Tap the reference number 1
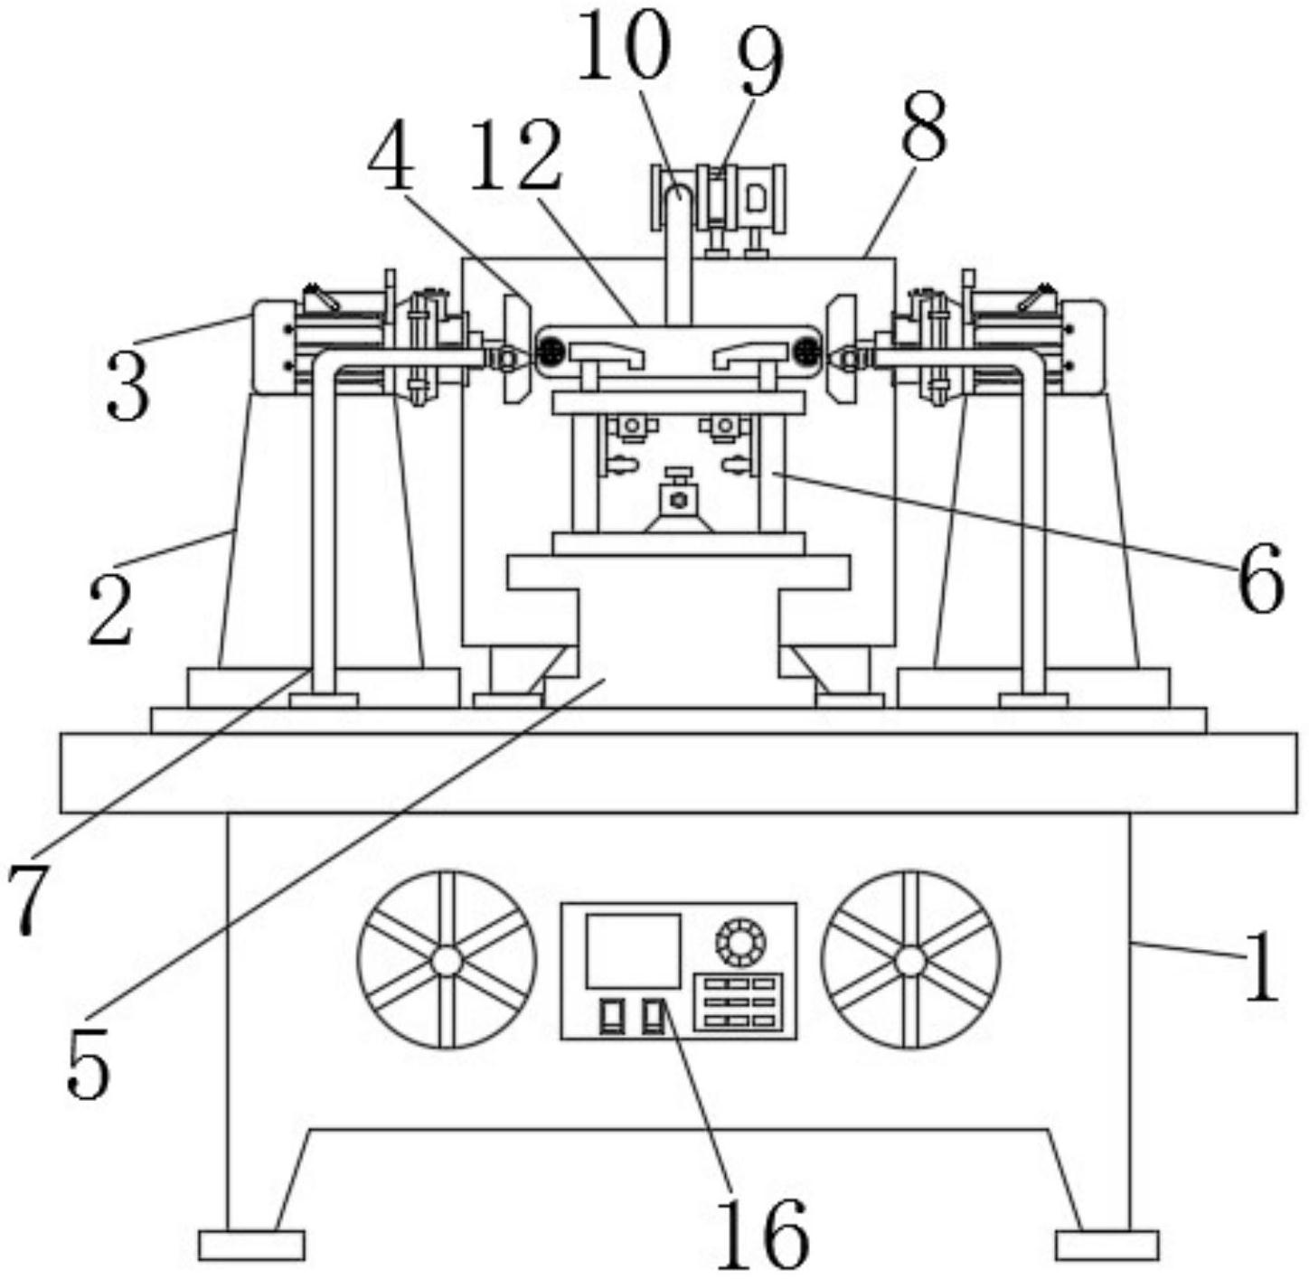[1260, 967]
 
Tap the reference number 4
[391, 162]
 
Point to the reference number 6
[1259, 578]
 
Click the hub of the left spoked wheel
[447, 960]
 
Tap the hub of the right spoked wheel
[910, 960]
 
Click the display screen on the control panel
[633, 950]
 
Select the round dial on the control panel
[740, 943]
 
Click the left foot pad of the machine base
[251, 1245]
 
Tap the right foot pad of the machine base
[1107, 1245]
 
